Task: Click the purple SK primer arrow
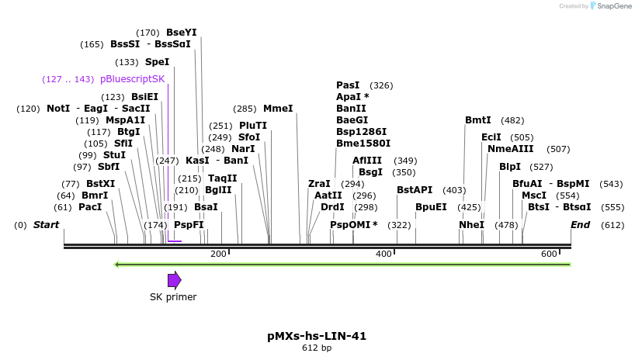tap(175, 280)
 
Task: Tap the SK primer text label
tap(173, 297)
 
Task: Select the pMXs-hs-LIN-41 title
tap(317, 336)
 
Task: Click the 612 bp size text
tap(317, 348)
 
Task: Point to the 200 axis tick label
tap(218, 254)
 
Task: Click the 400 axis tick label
tap(383, 254)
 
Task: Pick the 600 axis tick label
tap(549, 254)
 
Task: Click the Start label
tap(46, 225)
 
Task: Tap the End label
tap(580, 225)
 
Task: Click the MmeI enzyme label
tap(278, 109)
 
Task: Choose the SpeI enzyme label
tap(157, 62)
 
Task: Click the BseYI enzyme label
tap(182, 33)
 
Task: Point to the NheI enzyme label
tap(471, 225)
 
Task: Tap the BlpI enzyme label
tap(510, 166)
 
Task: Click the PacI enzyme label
tap(90, 207)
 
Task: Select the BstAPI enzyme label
tap(415, 190)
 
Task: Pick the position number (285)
tap(245, 109)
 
